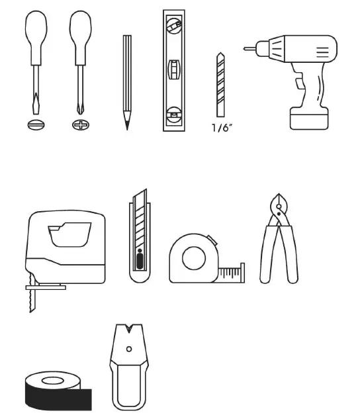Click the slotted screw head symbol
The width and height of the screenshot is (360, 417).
coord(34,124)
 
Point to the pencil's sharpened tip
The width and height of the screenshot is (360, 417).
coord(126,124)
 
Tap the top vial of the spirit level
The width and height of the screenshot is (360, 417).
coord(173,26)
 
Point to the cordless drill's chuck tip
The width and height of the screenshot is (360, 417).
coord(248,48)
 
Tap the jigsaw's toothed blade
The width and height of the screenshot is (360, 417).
coord(32,301)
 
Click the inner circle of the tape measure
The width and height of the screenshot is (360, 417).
coord(193,258)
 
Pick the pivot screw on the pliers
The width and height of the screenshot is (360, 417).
coord(278,211)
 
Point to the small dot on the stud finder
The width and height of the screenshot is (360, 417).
coord(129,348)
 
